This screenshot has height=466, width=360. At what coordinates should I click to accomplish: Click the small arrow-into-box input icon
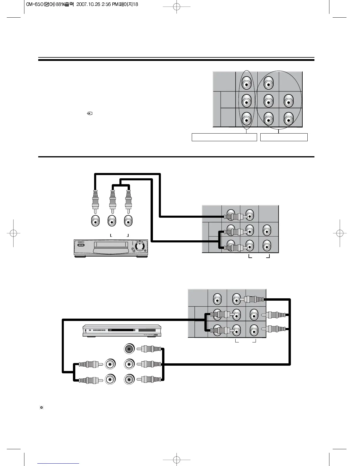[x=90, y=113]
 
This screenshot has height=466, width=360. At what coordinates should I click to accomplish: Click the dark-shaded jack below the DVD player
[x=129, y=349]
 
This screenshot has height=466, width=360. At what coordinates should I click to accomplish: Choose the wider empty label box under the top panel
[x=224, y=137]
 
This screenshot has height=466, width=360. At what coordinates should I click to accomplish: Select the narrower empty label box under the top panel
[x=284, y=137]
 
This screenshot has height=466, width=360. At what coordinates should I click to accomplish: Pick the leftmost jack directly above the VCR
[x=95, y=221]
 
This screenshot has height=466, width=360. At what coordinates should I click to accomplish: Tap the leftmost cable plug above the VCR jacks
[x=95, y=200]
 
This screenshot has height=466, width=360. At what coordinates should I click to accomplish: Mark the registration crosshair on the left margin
[x=14, y=233]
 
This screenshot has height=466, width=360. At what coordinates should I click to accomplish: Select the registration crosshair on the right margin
[x=339, y=233]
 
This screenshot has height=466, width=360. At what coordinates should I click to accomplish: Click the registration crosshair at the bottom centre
[x=176, y=459]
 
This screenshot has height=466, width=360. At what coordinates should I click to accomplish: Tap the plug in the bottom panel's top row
[x=254, y=300]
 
